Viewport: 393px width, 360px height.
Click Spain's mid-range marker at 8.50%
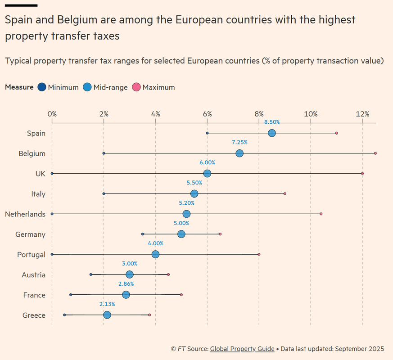click(x=272, y=133)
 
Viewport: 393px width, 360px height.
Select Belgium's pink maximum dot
click(x=375, y=153)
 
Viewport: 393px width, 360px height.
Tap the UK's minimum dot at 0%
click(x=52, y=173)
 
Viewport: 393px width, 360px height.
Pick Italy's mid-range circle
click(x=194, y=193)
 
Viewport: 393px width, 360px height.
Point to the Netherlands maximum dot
click(x=321, y=214)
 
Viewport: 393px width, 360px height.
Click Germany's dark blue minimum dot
click(x=143, y=234)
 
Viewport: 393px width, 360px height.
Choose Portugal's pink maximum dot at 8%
click(x=259, y=254)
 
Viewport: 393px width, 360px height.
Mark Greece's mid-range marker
click(x=107, y=315)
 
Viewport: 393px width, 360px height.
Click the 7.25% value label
click(x=239, y=142)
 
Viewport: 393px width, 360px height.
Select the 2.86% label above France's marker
click(x=126, y=284)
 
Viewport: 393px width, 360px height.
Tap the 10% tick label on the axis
click(x=311, y=114)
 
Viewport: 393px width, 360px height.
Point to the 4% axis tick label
click(x=156, y=114)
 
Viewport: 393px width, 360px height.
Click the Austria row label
click(x=33, y=275)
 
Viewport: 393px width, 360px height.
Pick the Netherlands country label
click(x=25, y=214)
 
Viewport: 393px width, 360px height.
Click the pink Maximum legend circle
click(x=136, y=87)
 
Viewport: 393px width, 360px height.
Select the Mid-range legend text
click(x=110, y=87)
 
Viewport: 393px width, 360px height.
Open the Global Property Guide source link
click(x=242, y=349)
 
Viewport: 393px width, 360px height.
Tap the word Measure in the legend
click(x=19, y=87)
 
